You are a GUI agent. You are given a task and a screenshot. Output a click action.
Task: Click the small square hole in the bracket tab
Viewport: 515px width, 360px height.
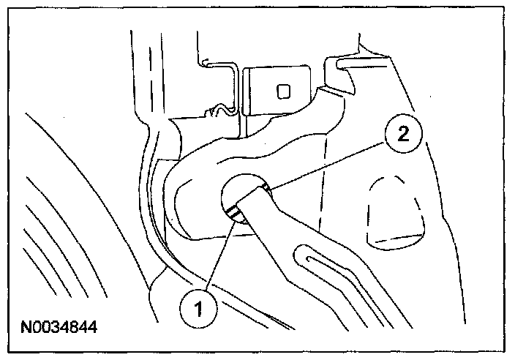[x=283, y=91]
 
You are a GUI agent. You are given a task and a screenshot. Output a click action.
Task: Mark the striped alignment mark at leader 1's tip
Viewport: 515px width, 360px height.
[x=236, y=214]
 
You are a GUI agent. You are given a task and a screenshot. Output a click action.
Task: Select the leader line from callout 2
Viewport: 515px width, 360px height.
[x=329, y=162]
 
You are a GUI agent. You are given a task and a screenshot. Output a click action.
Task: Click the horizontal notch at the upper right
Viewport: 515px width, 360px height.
[x=344, y=66]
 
